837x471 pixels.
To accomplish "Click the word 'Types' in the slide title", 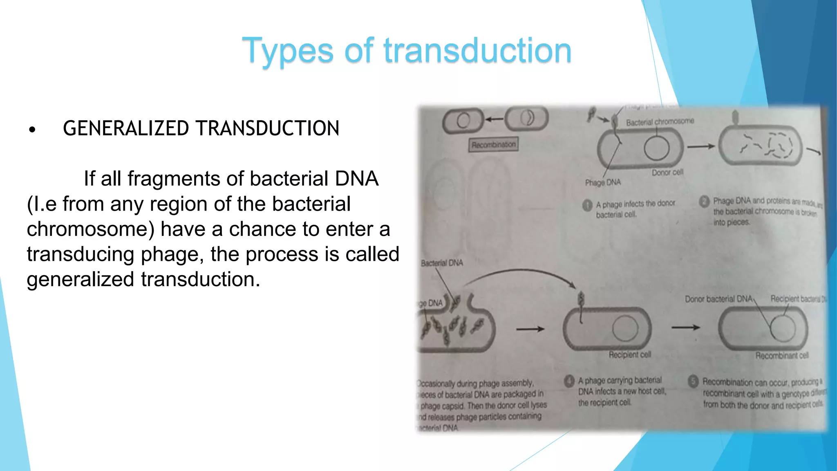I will [x=288, y=52].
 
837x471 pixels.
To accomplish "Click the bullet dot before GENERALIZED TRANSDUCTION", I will [x=33, y=130].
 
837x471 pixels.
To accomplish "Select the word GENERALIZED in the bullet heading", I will [x=127, y=128].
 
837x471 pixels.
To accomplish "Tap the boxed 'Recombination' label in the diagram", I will [x=493, y=145].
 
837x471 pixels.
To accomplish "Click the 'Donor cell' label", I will [x=667, y=173].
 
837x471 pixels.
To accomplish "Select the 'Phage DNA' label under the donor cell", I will [x=602, y=182].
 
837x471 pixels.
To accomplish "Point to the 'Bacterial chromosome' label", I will [x=660, y=122].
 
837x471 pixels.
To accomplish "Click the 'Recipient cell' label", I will [x=630, y=354].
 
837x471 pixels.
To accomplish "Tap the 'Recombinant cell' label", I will [x=781, y=356].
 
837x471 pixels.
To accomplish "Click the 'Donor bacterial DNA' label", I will [x=718, y=299].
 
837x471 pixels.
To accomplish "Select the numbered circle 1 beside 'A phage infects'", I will [x=587, y=205].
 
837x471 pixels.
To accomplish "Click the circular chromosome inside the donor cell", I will [x=656, y=148].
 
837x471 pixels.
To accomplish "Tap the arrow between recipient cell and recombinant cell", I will [x=686, y=327].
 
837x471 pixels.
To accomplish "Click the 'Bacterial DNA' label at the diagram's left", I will [x=442, y=263].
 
